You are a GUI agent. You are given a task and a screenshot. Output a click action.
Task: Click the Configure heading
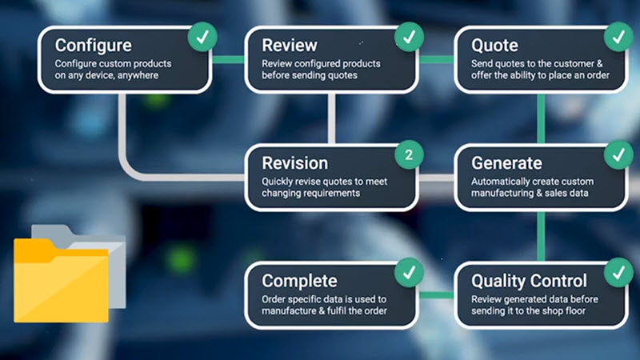tap(93, 46)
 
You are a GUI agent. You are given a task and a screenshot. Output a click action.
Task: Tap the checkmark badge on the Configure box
tap(202, 37)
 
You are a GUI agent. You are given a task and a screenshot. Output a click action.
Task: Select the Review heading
tap(290, 46)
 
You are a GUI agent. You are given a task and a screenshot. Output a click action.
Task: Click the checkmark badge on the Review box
tap(409, 37)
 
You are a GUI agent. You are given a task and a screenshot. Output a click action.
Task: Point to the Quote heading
tap(494, 46)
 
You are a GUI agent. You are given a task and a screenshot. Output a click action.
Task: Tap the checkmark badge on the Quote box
tap(618, 37)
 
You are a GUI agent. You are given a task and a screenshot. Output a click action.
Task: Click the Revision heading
tap(294, 163)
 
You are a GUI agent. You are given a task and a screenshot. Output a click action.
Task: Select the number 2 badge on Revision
tap(409, 154)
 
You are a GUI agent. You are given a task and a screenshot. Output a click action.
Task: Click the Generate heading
tap(506, 163)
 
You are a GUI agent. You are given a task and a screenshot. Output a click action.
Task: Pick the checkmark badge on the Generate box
tap(618, 154)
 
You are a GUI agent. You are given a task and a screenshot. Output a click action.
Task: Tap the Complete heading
tap(299, 282)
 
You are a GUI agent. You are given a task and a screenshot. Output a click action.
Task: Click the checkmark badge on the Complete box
tap(409, 273)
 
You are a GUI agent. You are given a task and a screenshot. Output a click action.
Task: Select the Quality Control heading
tap(529, 282)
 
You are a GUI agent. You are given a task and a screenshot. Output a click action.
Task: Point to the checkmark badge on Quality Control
tap(618, 273)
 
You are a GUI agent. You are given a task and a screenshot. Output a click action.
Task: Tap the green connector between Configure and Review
tap(228, 59)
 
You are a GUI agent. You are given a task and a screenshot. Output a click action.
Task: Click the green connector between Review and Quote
tap(436, 59)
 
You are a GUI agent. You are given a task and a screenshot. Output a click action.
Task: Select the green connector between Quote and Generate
tap(542, 118)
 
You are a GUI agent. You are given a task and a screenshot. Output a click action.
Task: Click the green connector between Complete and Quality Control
tap(436, 295)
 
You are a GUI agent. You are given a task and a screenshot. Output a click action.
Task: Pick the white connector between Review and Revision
tap(331, 118)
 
